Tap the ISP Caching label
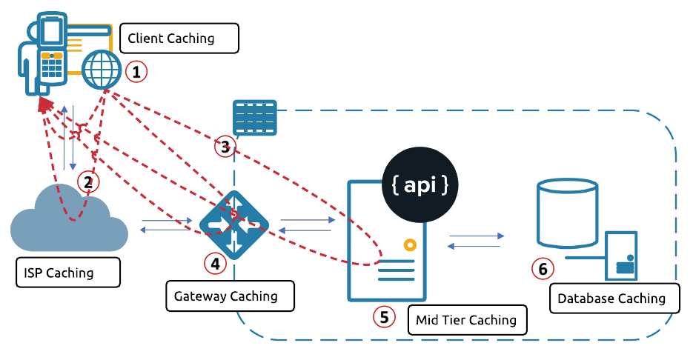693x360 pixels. point(67,273)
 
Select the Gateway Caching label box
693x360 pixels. point(229,296)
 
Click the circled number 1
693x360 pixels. point(136,73)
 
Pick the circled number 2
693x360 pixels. point(87,181)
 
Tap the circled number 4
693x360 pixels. point(214,262)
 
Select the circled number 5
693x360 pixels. point(384,317)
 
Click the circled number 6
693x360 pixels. point(543,269)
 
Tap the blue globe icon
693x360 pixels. point(102,71)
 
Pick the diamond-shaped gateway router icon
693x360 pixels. point(234,224)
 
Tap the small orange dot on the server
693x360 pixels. point(408,245)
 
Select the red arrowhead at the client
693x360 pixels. point(45,105)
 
